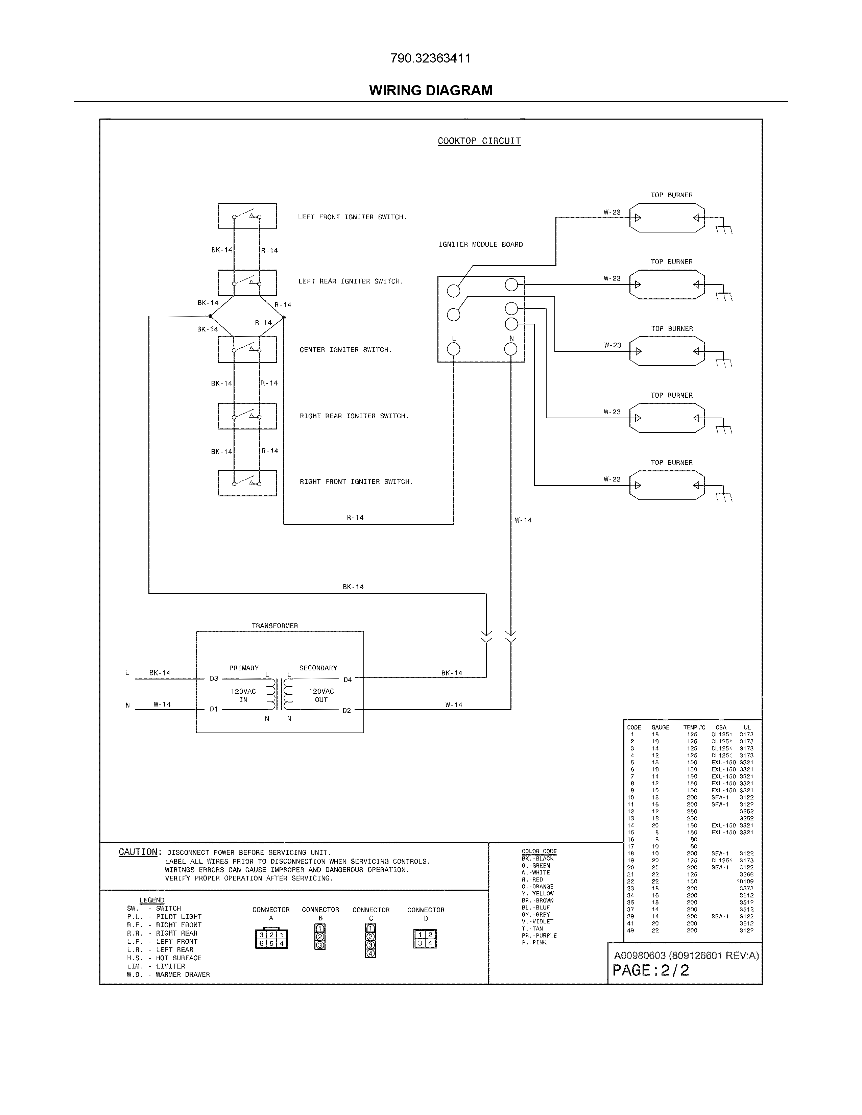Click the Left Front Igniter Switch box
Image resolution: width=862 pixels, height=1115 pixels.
coord(247,216)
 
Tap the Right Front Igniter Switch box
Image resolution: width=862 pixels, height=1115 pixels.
coord(247,483)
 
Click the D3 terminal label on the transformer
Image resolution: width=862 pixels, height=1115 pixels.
coord(214,678)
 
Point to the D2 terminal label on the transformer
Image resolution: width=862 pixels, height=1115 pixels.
coord(347,711)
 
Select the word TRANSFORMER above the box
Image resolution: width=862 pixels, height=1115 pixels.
coord(275,626)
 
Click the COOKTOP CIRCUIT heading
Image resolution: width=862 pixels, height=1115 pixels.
coord(479,141)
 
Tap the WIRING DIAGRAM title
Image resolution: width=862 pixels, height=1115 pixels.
coord(430,90)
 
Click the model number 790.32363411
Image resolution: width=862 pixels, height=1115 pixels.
coord(430,58)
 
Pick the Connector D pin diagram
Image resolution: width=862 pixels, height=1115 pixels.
coord(425,938)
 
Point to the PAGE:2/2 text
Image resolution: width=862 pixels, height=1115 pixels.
coord(651,970)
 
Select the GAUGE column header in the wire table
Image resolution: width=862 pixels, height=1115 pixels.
coord(660,727)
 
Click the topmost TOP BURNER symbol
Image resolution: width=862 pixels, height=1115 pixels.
coord(667,218)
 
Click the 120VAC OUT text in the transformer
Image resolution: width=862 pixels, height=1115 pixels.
coord(321,695)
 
